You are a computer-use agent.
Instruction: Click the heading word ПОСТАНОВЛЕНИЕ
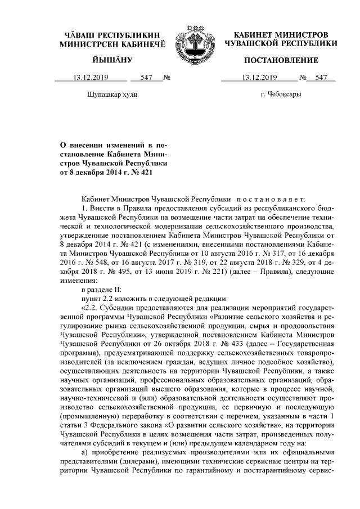click(280, 60)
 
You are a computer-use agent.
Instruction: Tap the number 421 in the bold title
click(145, 173)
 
